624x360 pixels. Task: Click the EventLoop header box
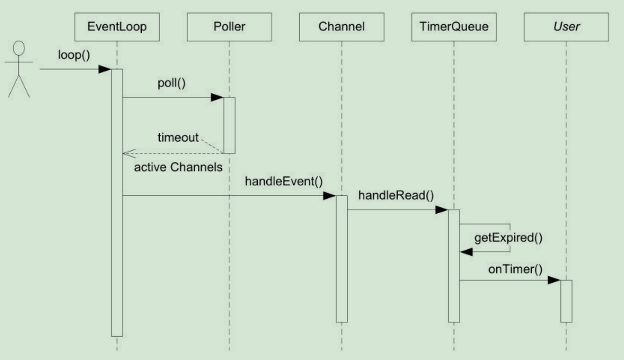(x=117, y=27)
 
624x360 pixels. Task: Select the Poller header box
(x=229, y=27)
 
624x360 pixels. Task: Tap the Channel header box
(x=341, y=27)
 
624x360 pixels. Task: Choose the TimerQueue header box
(x=454, y=27)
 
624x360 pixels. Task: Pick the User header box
(x=566, y=27)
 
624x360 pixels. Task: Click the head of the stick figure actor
(x=19, y=48)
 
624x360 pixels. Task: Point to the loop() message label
(x=74, y=55)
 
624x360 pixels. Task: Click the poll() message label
(x=171, y=83)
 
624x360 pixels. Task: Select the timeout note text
(x=178, y=137)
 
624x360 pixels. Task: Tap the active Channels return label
(x=178, y=167)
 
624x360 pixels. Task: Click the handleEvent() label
(x=283, y=181)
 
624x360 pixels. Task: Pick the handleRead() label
(x=396, y=195)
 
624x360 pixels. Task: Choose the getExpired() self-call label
(x=508, y=238)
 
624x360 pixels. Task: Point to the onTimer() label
(x=516, y=270)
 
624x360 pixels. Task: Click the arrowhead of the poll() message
(x=217, y=97)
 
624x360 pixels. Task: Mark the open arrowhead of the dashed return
(x=129, y=153)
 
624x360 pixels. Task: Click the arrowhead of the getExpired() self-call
(x=467, y=252)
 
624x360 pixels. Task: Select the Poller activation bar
(x=229, y=126)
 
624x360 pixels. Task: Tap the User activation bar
(x=566, y=301)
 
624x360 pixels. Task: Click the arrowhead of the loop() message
(x=105, y=69)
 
